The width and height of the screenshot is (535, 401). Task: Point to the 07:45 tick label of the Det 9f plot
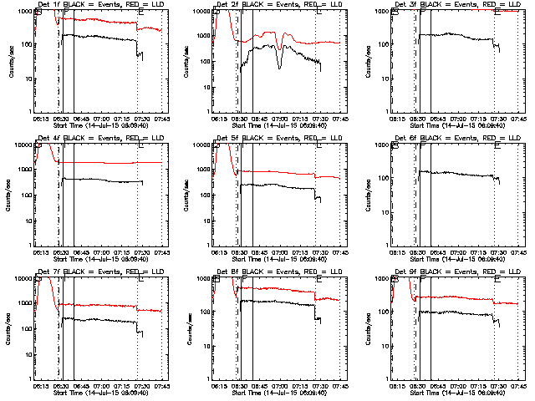click(518, 386)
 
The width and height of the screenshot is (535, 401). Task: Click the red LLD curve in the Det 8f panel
click(276, 289)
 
